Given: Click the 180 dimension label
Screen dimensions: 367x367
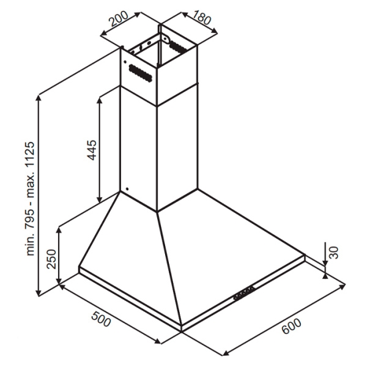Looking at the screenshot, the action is click(x=201, y=17).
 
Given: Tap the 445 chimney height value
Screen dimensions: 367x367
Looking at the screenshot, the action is click(x=92, y=150).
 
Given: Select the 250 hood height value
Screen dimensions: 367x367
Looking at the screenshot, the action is click(x=52, y=259).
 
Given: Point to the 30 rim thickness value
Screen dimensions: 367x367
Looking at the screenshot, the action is click(x=334, y=252).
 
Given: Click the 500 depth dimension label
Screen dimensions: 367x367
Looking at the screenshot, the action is click(x=101, y=319).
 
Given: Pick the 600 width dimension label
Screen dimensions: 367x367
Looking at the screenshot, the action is click(x=291, y=326).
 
